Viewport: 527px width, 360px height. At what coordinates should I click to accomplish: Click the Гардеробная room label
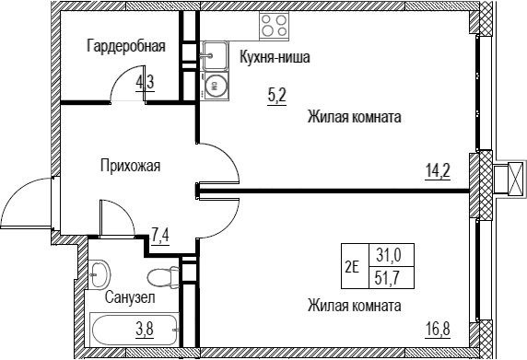(x=126, y=46)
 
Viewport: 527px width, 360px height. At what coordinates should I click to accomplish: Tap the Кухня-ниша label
(x=275, y=57)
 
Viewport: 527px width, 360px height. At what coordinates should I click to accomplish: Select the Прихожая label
(x=131, y=166)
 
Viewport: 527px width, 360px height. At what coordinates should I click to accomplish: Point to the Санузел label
(x=130, y=297)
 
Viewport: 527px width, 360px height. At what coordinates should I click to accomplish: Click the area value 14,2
(x=438, y=172)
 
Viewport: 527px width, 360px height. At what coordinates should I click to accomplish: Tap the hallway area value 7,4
(x=160, y=238)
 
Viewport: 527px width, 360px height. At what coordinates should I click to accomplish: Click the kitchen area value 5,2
(x=277, y=97)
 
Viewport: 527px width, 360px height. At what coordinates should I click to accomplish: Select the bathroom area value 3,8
(x=145, y=329)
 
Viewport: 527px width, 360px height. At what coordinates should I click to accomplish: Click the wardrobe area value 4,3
(x=145, y=82)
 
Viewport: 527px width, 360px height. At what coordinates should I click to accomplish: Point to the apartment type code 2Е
(x=353, y=267)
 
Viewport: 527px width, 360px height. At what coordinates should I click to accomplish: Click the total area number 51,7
(x=389, y=278)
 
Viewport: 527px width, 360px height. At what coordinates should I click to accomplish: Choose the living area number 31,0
(x=389, y=256)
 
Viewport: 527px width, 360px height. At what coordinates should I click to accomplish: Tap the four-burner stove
(x=274, y=26)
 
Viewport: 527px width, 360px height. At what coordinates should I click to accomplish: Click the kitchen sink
(x=215, y=56)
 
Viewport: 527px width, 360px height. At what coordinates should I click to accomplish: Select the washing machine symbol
(x=215, y=87)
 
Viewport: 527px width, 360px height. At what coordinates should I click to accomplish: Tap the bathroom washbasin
(x=100, y=274)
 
